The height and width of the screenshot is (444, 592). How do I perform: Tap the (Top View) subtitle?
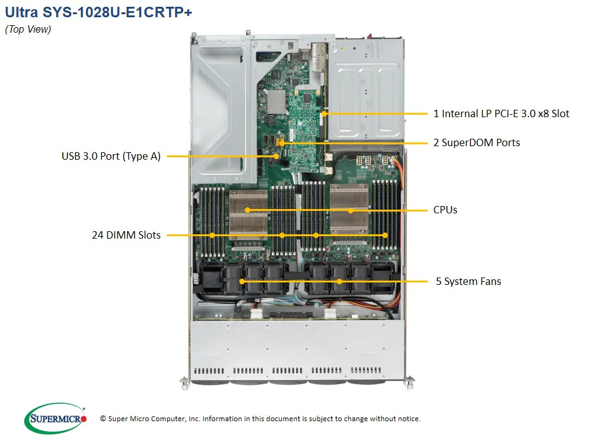pos(28,30)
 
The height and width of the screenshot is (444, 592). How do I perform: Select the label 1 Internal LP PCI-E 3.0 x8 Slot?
pos(501,113)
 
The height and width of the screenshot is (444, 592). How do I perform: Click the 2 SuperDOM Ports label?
pos(477,142)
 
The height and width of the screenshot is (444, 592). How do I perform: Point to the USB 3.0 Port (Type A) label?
pos(111,157)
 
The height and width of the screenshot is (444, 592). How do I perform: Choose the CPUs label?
pos(445,210)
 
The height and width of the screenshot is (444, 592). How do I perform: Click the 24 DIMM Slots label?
pos(126,235)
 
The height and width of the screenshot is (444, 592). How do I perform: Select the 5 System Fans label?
pos(468,281)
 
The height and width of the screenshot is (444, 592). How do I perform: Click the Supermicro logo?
pos(55,418)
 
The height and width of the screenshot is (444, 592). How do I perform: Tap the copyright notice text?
pos(260,419)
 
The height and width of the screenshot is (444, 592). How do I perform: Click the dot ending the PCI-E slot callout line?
pos(324,113)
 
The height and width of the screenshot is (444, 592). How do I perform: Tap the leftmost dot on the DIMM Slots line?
pos(212,235)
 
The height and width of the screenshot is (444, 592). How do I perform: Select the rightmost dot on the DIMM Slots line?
pos(385,235)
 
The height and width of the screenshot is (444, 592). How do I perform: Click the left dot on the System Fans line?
pos(242,281)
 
